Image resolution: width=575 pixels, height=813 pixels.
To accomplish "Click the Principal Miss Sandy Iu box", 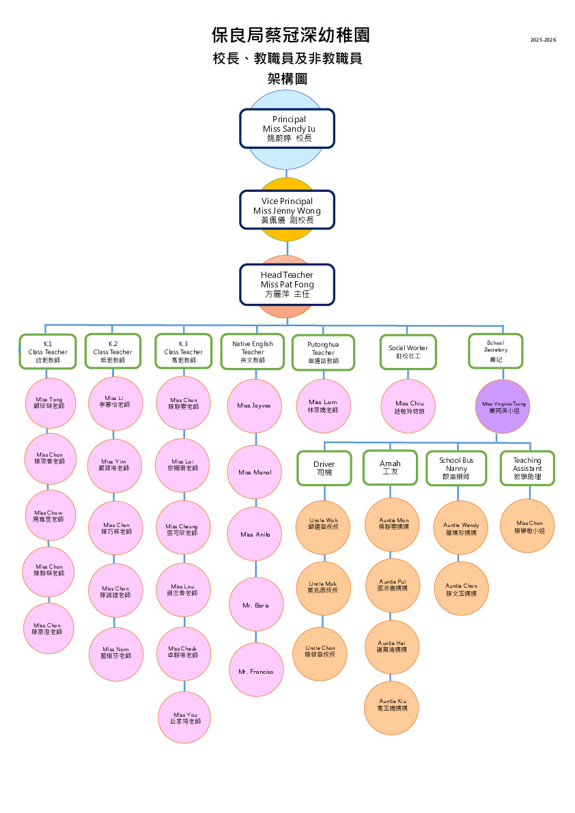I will click(287, 128).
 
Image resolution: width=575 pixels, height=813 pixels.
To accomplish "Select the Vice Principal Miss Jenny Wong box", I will click(287, 210).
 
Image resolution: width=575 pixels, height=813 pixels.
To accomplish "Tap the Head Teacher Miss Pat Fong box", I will click(287, 284).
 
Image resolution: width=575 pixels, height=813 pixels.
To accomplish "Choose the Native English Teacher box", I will click(253, 352).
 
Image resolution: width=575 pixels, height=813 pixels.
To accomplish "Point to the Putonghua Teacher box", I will click(323, 352).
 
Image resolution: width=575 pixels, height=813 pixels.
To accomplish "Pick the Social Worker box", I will click(408, 352).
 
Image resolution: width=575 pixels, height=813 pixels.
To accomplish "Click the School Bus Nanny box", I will click(456, 468).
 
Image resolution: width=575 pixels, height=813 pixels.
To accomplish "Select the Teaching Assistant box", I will click(527, 468).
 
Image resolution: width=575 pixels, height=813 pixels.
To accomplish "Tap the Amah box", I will click(390, 468).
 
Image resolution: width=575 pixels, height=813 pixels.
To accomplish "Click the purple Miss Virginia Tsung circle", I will click(503, 408).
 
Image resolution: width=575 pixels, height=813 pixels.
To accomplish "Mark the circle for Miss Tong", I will click(49, 403).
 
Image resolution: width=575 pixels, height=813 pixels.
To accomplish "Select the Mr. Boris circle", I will click(256, 605).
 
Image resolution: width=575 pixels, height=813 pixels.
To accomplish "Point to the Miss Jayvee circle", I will click(254, 405).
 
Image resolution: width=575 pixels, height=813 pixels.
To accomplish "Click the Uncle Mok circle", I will click(322, 587).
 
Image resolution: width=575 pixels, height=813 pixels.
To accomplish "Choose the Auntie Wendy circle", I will click(462, 528).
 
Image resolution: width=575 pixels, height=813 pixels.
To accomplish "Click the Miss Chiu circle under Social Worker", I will click(409, 407).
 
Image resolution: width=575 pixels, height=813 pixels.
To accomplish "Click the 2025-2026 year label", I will click(544, 40).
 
